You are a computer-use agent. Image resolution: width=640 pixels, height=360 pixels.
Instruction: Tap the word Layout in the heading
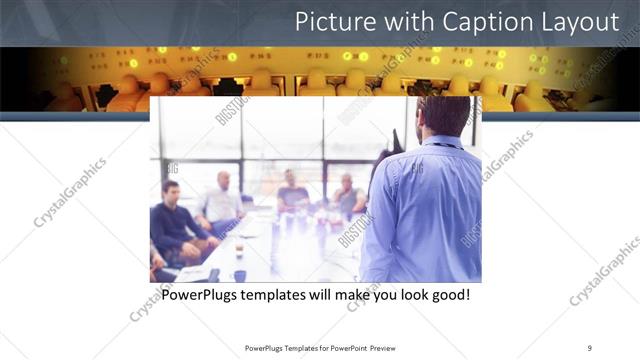(580, 22)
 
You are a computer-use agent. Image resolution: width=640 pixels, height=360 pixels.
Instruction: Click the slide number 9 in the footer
(589, 348)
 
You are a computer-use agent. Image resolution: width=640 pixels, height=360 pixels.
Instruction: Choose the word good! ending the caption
(449, 296)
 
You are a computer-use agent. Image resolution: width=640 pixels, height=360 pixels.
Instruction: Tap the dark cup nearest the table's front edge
(240, 275)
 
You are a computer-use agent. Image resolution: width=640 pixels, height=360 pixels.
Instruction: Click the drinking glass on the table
(239, 249)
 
